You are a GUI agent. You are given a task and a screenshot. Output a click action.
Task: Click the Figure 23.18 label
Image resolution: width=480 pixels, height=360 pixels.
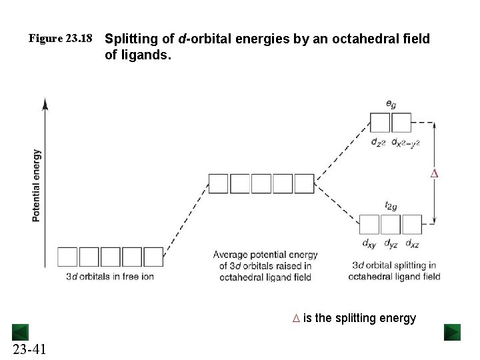[x=60, y=39]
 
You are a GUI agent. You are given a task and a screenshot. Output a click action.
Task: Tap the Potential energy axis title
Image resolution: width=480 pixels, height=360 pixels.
[x=37, y=185]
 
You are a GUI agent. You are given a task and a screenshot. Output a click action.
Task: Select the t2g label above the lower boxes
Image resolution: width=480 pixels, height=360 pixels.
[x=391, y=206]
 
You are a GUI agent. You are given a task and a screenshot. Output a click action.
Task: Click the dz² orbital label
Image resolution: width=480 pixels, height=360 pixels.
[x=379, y=142]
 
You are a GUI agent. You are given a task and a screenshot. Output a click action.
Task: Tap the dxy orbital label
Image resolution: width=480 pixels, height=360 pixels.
[x=369, y=244]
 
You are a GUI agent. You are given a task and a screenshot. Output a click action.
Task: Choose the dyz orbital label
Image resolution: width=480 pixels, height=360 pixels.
[x=391, y=244]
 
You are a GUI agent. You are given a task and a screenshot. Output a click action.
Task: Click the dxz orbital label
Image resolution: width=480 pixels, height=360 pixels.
[x=412, y=244]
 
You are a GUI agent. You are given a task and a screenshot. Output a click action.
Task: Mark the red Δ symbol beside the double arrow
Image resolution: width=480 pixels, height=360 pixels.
[x=434, y=174]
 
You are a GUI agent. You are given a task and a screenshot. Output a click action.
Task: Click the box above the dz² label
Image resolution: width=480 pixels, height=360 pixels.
[x=380, y=123]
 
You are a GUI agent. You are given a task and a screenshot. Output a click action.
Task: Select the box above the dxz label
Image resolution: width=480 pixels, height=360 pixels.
[x=412, y=225]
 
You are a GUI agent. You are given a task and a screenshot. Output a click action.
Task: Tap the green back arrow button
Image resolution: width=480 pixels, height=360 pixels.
[x=20, y=332]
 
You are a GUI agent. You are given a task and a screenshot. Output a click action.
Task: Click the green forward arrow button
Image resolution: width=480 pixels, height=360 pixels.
[x=452, y=332]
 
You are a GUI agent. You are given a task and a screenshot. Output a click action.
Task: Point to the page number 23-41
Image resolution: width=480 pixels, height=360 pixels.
[x=29, y=349]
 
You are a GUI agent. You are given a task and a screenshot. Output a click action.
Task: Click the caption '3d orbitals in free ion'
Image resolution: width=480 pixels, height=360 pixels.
[x=110, y=276]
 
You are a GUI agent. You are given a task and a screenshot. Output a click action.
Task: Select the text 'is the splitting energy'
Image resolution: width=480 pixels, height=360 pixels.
[x=359, y=318]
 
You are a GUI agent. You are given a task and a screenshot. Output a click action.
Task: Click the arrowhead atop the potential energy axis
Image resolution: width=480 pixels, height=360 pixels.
[x=45, y=103]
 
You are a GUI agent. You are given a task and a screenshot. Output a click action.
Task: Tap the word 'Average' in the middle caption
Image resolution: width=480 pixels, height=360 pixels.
[x=230, y=255]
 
